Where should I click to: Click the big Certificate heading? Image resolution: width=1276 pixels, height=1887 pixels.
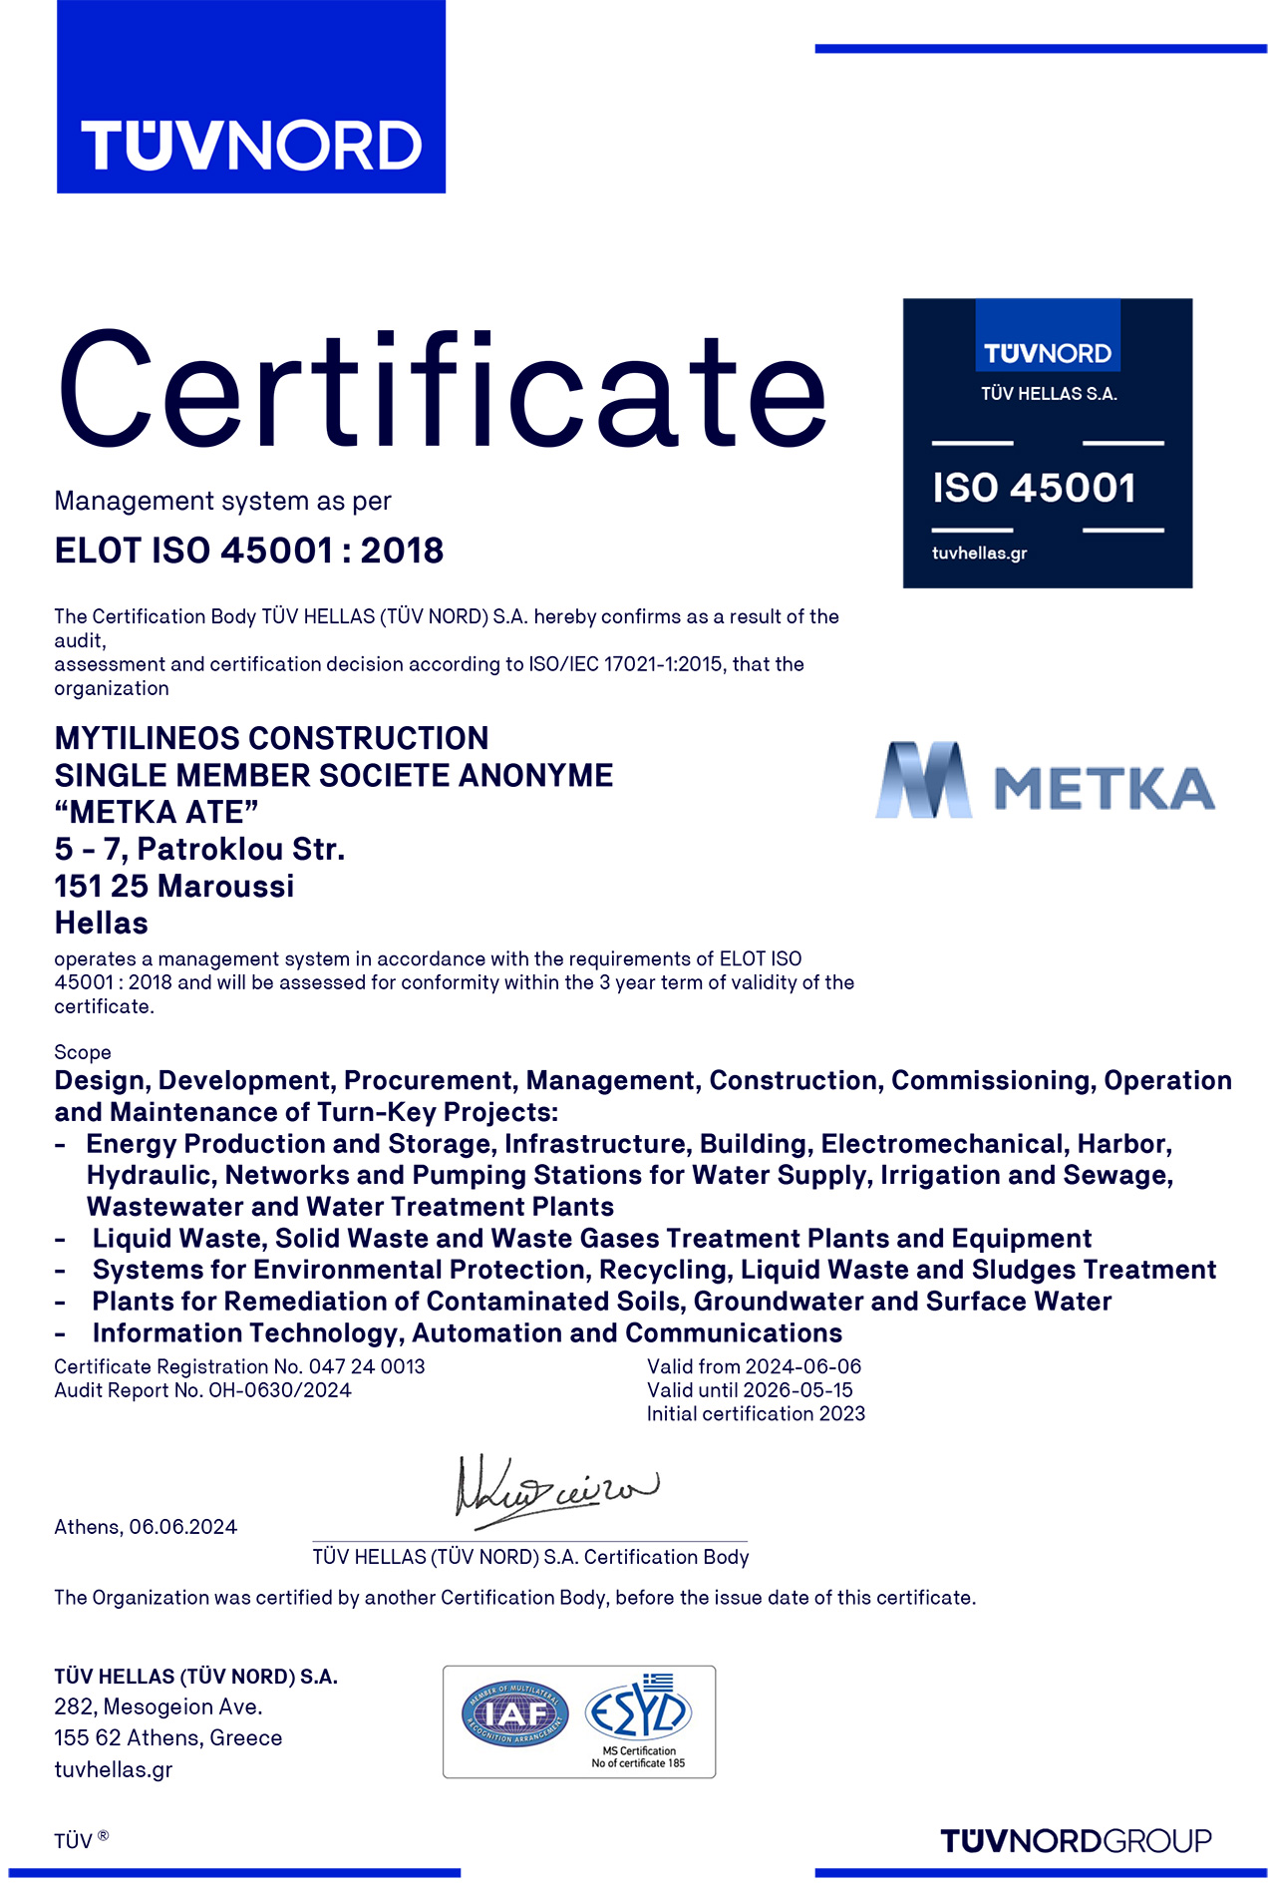tap(442, 391)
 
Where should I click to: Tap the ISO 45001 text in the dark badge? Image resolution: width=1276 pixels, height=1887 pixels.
tap(1034, 488)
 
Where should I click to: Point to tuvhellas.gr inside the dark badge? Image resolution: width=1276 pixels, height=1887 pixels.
tap(979, 554)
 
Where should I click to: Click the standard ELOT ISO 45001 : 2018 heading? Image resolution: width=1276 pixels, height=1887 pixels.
tap(249, 551)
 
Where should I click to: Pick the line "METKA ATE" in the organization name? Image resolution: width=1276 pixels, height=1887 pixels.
tap(157, 812)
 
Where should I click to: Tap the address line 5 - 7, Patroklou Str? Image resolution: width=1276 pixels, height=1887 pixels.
tap(199, 849)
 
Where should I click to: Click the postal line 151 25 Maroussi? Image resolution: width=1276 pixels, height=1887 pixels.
tap(174, 886)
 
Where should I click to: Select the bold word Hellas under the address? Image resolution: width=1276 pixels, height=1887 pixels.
tap(101, 923)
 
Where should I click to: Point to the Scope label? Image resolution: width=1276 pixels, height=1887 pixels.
tap(83, 1052)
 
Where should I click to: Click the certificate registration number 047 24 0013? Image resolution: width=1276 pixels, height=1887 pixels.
tap(367, 1366)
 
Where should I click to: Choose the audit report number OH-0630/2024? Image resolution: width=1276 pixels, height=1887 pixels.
tap(279, 1390)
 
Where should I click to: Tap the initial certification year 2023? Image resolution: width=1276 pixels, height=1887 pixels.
tap(842, 1414)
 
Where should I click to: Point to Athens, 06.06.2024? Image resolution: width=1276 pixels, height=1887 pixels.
tap(146, 1527)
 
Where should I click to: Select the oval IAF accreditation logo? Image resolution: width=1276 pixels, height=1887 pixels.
tap(515, 1714)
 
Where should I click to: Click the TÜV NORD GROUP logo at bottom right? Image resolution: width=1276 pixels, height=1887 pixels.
tap(1076, 1841)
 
